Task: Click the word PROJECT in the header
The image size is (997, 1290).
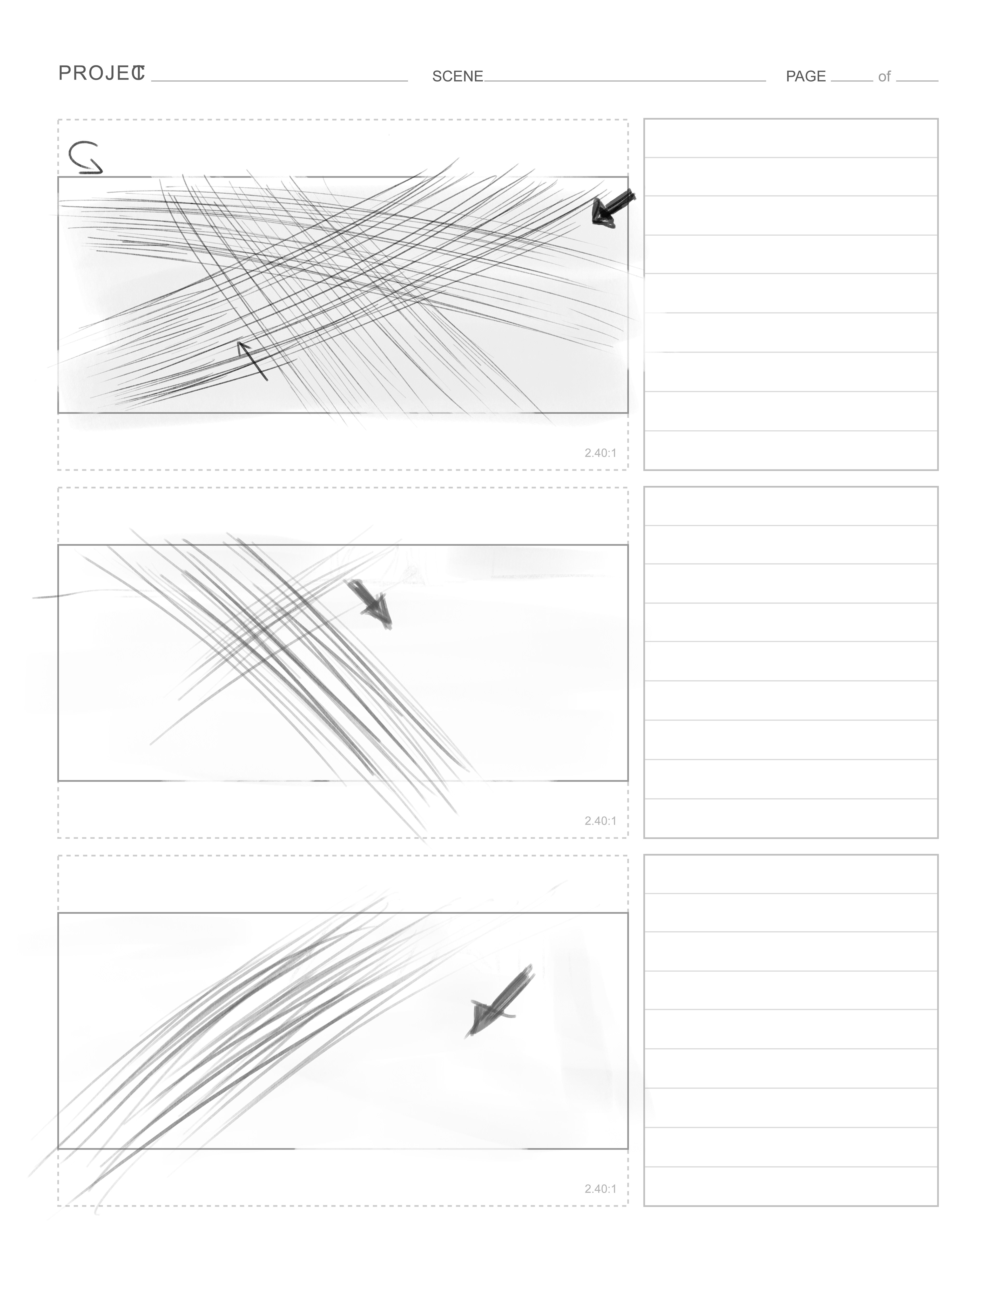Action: pos(102,73)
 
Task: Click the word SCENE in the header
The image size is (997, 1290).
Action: pos(457,76)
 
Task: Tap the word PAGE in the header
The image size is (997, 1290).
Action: pos(806,76)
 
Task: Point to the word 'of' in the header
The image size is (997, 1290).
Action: pos(884,77)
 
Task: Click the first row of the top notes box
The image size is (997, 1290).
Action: pos(791,138)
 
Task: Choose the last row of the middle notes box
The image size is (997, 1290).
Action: pos(791,818)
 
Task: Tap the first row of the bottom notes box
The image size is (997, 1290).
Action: pos(791,874)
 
